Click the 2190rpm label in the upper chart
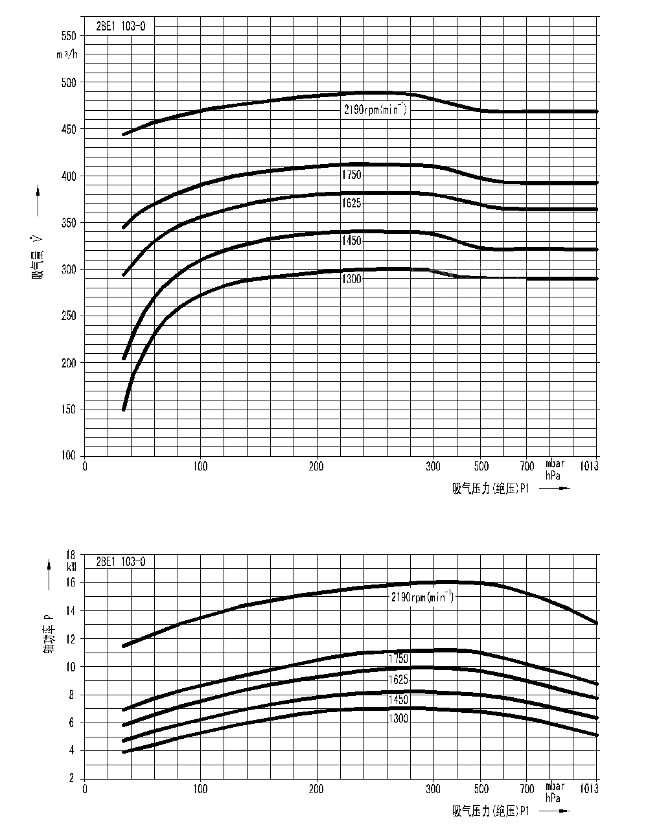coord(375,110)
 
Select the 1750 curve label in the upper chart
coord(351,175)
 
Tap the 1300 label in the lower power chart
coord(399,718)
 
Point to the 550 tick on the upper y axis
coord(68,36)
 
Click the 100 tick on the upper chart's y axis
coord(68,456)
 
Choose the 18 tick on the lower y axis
coord(71,555)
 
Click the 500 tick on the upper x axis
coord(480,466)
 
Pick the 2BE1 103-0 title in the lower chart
coord(121,562)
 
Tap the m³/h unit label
coord(66,54)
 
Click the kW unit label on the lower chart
coord(71,565)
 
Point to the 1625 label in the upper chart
coord(351,203)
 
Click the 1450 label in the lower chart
coord(399,700)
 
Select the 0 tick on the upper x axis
coord(85,466)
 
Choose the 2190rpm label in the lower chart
coord(422,597)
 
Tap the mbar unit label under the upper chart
coord(555,464)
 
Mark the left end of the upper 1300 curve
coord(123,410)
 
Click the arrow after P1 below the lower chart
coord(555,811)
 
